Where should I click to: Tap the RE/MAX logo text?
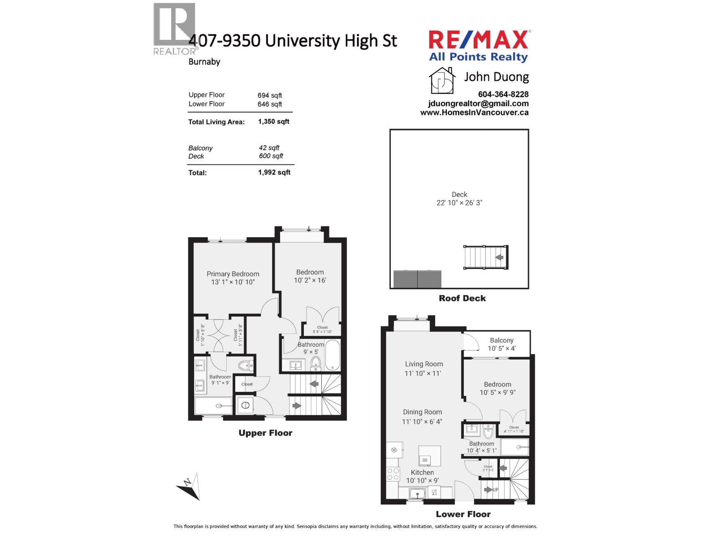tap(479, 40)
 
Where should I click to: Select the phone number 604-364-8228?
tap(503, 94)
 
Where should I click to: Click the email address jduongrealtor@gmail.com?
tap(478, 104)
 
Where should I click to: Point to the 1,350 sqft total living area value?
tap(273, 121)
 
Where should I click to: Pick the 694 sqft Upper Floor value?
tap(269, 95)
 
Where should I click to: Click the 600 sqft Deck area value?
tap(271, 156)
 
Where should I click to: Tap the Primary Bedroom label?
tap(233, 274)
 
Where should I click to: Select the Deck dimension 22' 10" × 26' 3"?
tap(459, 203)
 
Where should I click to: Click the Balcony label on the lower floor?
tap(501, 340)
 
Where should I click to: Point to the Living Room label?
tap(424, 364)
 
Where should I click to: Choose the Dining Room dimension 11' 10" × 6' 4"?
tap(422, 421)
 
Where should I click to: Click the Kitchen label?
tap(422, 473)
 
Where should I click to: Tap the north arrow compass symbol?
tap(189, 486)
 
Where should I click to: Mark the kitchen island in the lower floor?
tap(429, 456)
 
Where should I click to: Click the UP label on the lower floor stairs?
tap(495, 490)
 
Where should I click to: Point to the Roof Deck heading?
tap(462, 299)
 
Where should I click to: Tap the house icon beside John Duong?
tap(442, 80)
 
